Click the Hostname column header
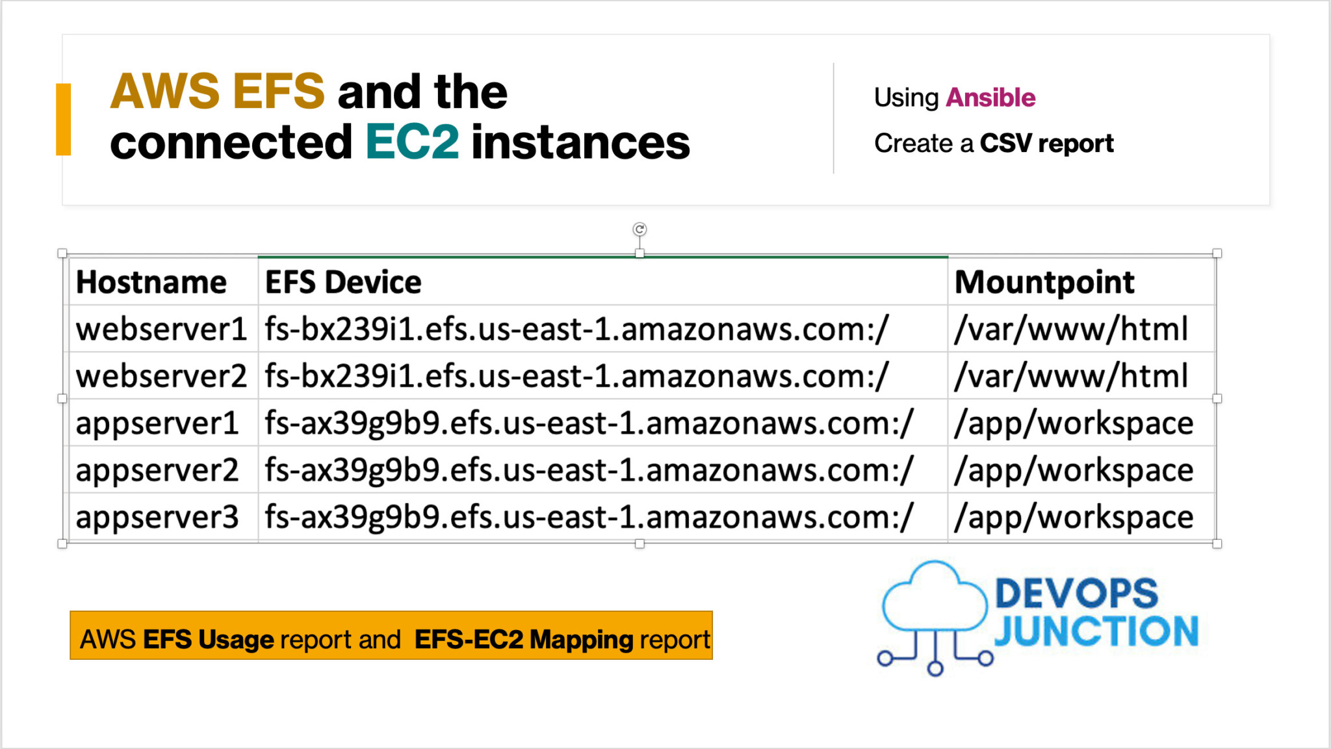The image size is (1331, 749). pos(151,282)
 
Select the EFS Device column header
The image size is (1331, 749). pos(343,282)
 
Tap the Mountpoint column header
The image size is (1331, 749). pos(1044,282)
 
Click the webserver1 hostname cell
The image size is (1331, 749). pos(161,329)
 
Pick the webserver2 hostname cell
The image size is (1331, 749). pos(161,376)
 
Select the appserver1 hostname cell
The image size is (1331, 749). pos(157,423)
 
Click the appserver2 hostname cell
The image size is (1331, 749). pos(157,470)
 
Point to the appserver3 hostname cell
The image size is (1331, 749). pos(157,518)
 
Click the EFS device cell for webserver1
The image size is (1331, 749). pos(576,329)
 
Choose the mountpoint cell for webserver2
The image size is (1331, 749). pos(1071,376)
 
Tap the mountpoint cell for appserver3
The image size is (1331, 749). pos(1074,518)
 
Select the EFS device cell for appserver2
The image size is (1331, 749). pos(589,470)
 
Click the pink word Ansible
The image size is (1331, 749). pos(990,98)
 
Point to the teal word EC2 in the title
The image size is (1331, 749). pos(412,142)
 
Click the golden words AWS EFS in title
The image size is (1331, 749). pos(217,91)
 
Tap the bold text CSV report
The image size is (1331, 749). pos(1046,143)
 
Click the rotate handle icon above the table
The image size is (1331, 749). pos(640,229)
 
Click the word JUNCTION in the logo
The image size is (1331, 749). pos(1096,631)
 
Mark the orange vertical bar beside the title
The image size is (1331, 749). pos(63,120)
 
